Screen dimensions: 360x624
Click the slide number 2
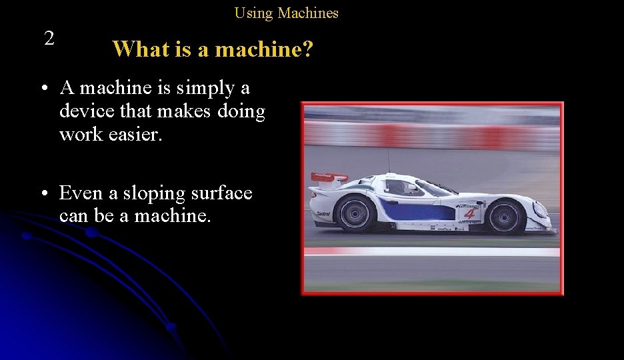tap(49, 39)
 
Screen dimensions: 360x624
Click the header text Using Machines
tap(286, 13)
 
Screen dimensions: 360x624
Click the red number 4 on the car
tap(470, 213)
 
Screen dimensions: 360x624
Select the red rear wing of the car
tap(329, 177)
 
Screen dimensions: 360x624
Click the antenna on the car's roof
tap(388, 160)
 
